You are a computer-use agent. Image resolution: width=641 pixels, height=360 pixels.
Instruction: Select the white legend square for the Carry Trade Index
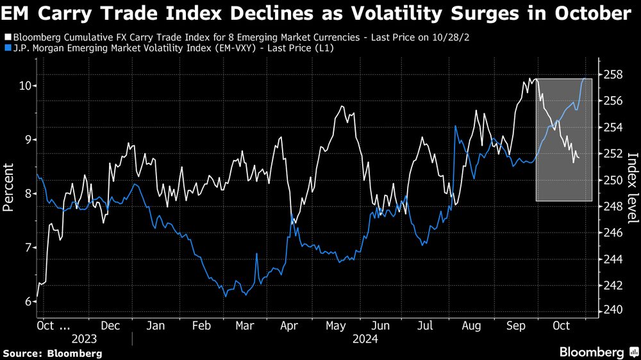tap(6, 37)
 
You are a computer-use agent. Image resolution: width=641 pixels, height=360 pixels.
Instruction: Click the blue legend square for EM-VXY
tap(6, 48)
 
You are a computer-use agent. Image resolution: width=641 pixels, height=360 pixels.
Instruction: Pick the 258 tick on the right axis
tap(613, 75)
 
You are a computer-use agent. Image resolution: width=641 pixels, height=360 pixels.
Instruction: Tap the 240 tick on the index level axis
tap(613, 310)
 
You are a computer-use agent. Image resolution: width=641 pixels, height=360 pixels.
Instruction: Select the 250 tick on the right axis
tap(613, 180)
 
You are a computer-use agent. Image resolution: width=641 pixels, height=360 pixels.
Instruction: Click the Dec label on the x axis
tap(111, 325)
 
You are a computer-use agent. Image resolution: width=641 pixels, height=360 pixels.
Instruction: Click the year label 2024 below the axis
tap(364, 338)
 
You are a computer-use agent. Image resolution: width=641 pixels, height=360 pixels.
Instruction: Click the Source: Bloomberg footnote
tap(53, 353)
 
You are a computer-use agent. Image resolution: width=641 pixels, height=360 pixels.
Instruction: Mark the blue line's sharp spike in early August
tap(455, 126)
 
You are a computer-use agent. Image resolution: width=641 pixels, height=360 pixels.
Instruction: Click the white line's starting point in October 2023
tap(37, 297)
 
